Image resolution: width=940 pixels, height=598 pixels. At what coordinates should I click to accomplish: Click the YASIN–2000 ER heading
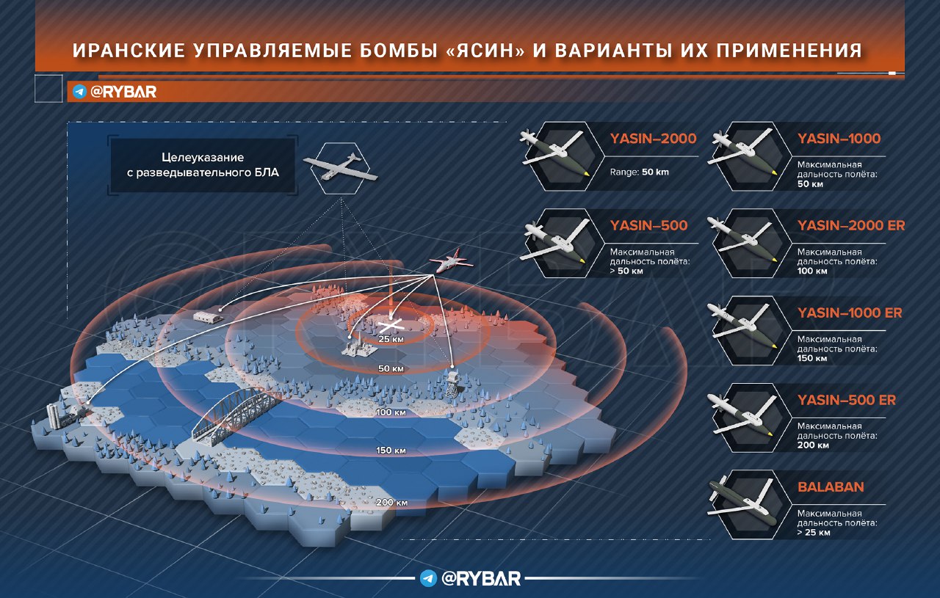(851, 225)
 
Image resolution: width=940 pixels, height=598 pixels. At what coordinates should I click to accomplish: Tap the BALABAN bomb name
(831, 487)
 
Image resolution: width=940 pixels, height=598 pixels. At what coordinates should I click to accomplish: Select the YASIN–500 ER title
(847, 400)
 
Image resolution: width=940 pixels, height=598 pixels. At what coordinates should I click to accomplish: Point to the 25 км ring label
(391, 339)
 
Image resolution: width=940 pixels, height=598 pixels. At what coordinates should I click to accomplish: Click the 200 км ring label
(391, 503)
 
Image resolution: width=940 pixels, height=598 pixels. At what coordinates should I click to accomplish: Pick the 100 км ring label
(391, 412)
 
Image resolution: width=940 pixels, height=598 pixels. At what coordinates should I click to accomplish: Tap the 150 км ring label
(391, 451)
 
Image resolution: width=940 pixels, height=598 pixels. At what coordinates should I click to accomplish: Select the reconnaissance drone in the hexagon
(340, 168)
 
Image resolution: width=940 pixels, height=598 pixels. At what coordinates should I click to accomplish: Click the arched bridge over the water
(235, 417)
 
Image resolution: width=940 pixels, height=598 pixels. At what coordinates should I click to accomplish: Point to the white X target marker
(391, 324)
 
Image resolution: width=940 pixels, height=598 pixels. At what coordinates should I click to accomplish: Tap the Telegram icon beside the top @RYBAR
(79, 92)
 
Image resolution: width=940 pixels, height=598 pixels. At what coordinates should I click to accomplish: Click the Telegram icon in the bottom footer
(428, 578)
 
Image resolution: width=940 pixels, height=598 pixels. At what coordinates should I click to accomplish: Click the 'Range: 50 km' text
(639, 172)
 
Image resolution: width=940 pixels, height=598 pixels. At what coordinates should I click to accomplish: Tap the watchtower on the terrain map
(452, 383)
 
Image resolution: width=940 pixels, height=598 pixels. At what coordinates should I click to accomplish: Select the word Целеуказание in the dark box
(203, 157)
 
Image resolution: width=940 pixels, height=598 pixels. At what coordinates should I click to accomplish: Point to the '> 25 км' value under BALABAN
(813, 533)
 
